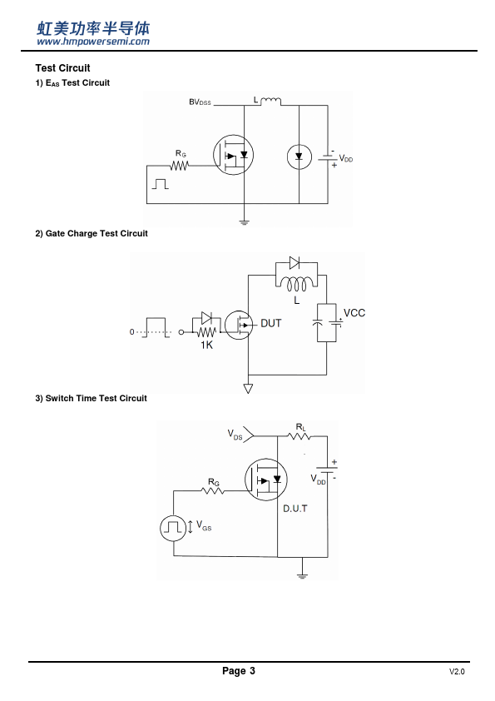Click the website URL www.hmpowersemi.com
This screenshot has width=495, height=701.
point(93,42)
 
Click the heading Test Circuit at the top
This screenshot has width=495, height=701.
point(62,68)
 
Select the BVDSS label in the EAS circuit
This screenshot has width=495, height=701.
point(200,102)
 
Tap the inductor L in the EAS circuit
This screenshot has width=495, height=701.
point(270,101)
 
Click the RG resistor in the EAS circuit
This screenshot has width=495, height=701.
point(179,166)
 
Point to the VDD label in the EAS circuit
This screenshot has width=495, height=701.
point(346,158)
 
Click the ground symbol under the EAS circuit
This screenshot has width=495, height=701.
point(244,221)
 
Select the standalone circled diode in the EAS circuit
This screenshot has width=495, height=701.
point(299,157)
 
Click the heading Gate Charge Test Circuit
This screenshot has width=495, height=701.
point(92,233)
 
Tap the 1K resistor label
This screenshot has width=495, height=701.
point(206,345)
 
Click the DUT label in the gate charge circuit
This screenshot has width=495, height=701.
point(271,323)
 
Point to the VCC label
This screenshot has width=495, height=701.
point(354,313)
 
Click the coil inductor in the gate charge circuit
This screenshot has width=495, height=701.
point(297,283)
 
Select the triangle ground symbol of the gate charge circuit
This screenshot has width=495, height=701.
point(249,389)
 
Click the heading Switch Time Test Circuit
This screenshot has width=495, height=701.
point(91,398)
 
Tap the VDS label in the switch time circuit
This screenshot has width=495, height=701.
point(235,435)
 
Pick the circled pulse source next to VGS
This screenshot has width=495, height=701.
point(173,528)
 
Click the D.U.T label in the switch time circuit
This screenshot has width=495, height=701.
point(295,509)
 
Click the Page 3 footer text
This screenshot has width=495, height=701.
point(239,670)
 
